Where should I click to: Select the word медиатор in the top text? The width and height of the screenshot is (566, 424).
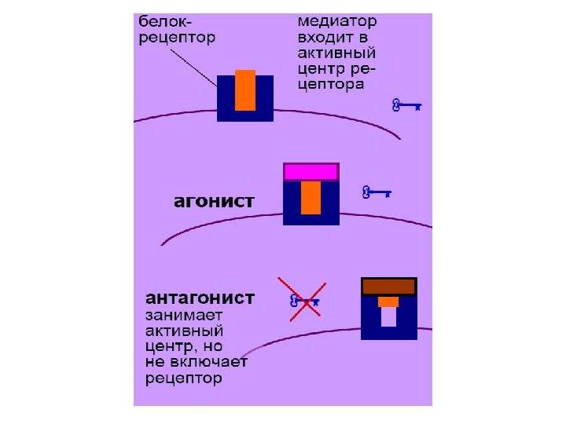click(x=336, y=20)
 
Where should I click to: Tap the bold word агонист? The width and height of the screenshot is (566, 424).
click(x=214, y=201)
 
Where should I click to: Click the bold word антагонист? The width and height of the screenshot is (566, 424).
click(x=200, y=298)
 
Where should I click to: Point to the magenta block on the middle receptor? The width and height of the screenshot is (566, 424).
click(x=311, y=172)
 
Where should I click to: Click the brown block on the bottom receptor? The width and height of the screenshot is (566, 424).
click(x=388, y=287)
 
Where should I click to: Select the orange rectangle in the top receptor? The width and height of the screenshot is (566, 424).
click(x=245, y=90)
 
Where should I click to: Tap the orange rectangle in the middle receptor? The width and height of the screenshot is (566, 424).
click(x=311, y=197)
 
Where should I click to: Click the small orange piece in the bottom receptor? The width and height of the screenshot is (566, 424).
click(x=388, y=302)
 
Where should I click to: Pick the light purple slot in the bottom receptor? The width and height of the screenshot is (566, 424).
click(x=388, y=316)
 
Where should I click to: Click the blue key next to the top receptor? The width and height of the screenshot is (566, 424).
click(x=406, y=104)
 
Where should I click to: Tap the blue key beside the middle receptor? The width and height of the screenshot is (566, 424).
click(x=376, y=191)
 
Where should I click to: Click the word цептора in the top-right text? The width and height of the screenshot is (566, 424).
click(x=330, y=85)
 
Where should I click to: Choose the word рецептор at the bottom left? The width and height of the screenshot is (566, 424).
click(x=184, y=378)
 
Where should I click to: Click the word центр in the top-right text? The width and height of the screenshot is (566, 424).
click(x=321, y=69)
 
